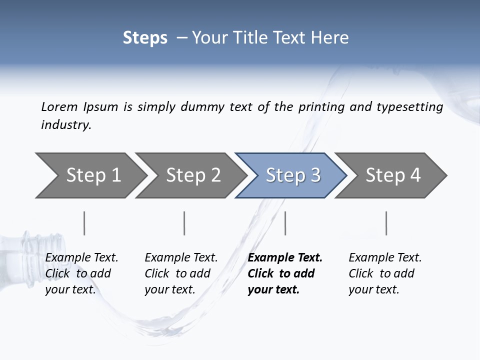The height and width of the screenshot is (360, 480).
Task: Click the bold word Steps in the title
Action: point(145,37)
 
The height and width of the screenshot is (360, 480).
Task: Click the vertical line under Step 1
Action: point(84,223)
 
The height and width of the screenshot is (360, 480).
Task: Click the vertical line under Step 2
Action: point(184,223)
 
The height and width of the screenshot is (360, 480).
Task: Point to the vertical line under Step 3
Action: point(285,223)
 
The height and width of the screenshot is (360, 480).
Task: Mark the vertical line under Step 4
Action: point(386,223)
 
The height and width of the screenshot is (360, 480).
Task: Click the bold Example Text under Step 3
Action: point(285,257)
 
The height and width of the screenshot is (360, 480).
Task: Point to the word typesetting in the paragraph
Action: point(409,107)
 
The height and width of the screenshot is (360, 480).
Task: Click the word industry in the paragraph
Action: point(65,125)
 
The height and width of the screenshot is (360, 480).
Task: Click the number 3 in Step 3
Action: point(315,175)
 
